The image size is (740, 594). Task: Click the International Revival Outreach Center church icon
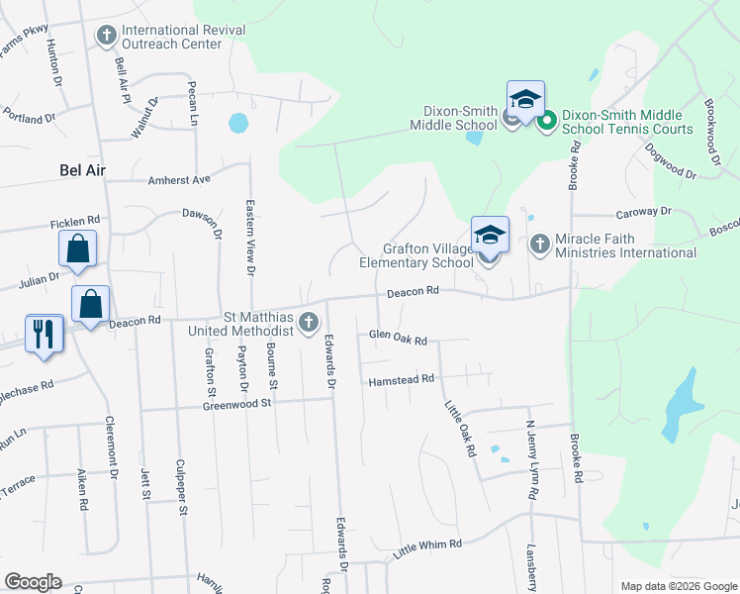pyautogui.click(x=107, y=36)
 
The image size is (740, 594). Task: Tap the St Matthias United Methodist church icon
pyautogui.click(x=309, y=321)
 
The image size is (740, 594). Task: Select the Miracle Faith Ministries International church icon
pyautogui.click(x=540, y=242)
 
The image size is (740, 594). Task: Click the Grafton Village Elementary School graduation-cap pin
pyautogui.click(x=490, y=237)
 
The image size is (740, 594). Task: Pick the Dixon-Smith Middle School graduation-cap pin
pyautogui.click(x=526, y=100)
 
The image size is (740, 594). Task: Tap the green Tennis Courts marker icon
pyautogui.click(x=545, y=121)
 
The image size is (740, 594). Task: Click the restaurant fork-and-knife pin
pyautogui.click(x=43, y=334)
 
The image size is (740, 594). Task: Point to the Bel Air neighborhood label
pyautogui.click(x=83, y=171)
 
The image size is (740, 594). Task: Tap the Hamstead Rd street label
pyautogui.click(x=402, y=379)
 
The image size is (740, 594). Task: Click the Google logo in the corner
pyautogui.click(x=33, y=582)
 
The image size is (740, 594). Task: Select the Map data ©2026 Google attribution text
pyautogui.click(x=678, y=586)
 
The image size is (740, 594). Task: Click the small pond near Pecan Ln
pyautogui.click(x=238, y=124)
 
